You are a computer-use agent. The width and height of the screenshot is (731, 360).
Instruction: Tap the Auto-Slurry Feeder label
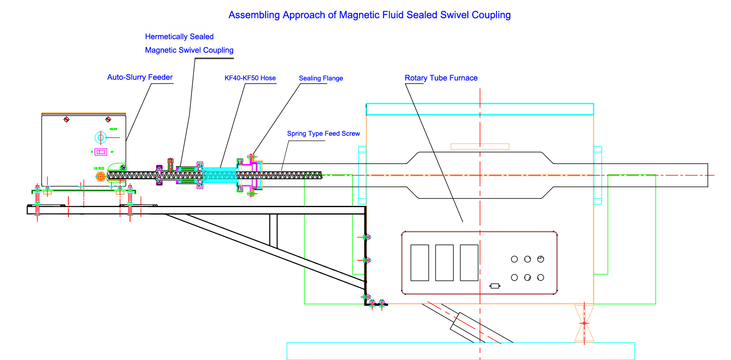(x=140, y=77)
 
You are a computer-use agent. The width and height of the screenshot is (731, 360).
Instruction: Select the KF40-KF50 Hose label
(x=250, y=78)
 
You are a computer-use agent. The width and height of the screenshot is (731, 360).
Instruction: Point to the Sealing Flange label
(x=321, y=78)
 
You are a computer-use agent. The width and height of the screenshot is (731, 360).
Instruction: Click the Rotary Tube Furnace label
(x=441, y=78)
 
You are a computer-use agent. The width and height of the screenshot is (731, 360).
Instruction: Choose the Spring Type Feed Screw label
(x=323, y=133)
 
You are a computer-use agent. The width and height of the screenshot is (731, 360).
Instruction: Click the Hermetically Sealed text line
(x=179, y=37)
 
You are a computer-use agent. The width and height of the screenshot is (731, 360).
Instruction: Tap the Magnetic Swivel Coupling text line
(x=189, y=50)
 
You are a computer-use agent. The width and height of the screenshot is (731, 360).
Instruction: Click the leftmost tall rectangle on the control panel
(x=420, y=263)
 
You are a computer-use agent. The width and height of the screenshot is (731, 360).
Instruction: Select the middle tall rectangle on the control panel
(x=444, y=263)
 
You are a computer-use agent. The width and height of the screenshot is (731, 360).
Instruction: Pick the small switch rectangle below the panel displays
(x=495, y=286)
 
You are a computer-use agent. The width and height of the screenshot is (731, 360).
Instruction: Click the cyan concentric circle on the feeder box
(x=101, y=137)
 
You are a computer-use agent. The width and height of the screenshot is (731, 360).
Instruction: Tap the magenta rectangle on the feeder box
(x=101, y=152)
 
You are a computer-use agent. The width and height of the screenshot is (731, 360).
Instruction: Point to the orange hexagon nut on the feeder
(x=100, y=176)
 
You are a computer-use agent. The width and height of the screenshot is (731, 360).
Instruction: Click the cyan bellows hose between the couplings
(x=220, y=175)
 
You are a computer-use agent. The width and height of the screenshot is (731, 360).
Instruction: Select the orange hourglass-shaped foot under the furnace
(x=584, y=323)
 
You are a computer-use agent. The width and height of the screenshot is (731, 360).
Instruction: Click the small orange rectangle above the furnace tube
(x=480, y=146)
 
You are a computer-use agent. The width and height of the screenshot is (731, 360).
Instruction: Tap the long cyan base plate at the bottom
(x=460, y=351)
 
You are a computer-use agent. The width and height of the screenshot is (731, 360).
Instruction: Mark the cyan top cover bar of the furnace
(x=480, y=109)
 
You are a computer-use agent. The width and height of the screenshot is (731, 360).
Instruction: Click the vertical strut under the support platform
(x=273, y=230)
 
